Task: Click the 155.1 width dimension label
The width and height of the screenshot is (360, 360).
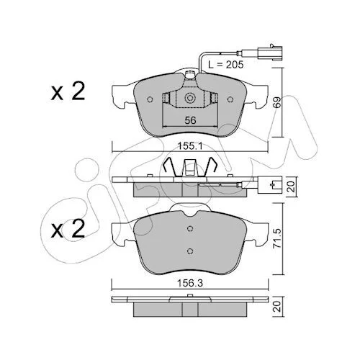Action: tap(190, 146)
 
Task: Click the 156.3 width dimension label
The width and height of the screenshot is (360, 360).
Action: tap(190, 284)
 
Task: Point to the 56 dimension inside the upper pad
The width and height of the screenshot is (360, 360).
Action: tap(190, 120)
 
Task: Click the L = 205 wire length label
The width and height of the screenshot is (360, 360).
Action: tap(226, 64)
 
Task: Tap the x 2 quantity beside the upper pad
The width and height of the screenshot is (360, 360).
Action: tap(68, 91)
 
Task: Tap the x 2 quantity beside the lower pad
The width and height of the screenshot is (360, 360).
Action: tap(68, 229)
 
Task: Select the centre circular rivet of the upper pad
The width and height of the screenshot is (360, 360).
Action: tap(190, 98)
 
